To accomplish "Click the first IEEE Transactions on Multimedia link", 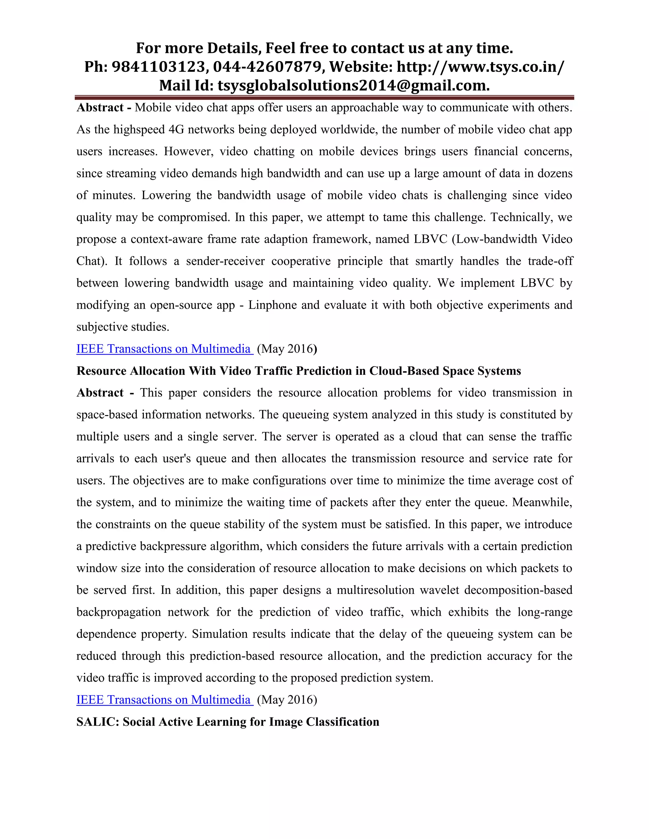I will [164, 349].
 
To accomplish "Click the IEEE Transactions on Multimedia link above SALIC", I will [164, 700].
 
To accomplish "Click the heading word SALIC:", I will [98, 722].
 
